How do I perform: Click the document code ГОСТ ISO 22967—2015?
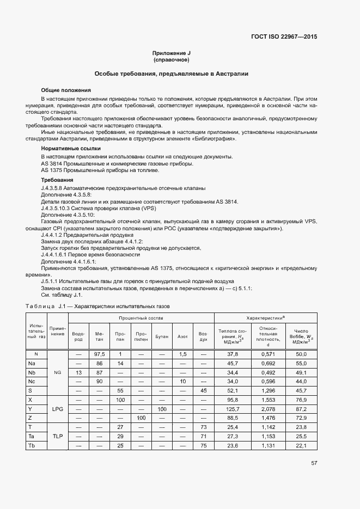tap(284, 37)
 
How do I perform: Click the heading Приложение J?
tap(172, 53)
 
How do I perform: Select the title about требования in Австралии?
tap(172, 73)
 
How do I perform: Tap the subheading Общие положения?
tap(66, 90)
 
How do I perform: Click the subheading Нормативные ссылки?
tap(71, 148)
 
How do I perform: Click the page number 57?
tap(314, 463)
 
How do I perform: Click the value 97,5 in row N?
tap(99, 354)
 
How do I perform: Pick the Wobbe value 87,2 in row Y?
tap(301, 408)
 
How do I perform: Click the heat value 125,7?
tap(233, 408)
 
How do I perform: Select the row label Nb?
tap(32, 372)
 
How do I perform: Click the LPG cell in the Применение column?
tap(58, 408)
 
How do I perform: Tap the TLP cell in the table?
tap(58, 436)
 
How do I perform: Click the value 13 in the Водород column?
tap(78, 372)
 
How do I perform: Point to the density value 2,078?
tap(267, 408)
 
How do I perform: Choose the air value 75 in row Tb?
tap(203, 445)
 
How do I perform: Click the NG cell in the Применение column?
tap(58, 372)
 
